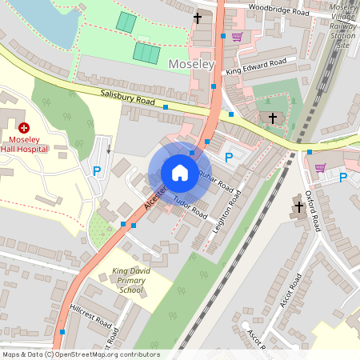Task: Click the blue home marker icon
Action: pos(180,173)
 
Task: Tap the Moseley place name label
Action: pos(191,63)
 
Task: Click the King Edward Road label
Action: pos(256,66)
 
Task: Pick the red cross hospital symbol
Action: pos(24,127)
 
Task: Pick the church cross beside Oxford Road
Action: pos(299,206)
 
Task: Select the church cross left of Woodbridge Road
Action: pos(198,17)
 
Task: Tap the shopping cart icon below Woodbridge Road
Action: pos(237,36)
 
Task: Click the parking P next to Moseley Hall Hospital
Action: pos(97,170)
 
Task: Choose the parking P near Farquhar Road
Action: pos(229,158)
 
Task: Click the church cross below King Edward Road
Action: pos(272,118)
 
